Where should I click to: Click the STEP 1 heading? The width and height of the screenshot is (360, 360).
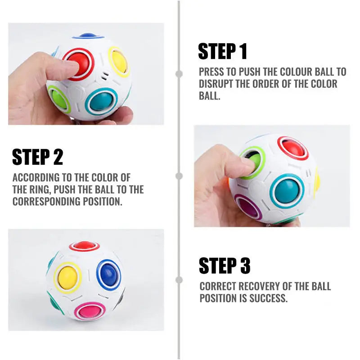[223, 52]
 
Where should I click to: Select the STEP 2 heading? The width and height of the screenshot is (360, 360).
[38, 157]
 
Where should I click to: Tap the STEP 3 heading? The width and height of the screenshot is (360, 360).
[225, 266]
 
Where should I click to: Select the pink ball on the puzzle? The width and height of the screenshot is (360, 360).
[91, 310]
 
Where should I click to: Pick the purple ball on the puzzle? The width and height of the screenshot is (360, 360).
[248, 207]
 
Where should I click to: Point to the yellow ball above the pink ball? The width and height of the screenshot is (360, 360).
[67, 277]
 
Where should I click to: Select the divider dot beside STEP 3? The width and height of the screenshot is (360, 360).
[179, 280]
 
